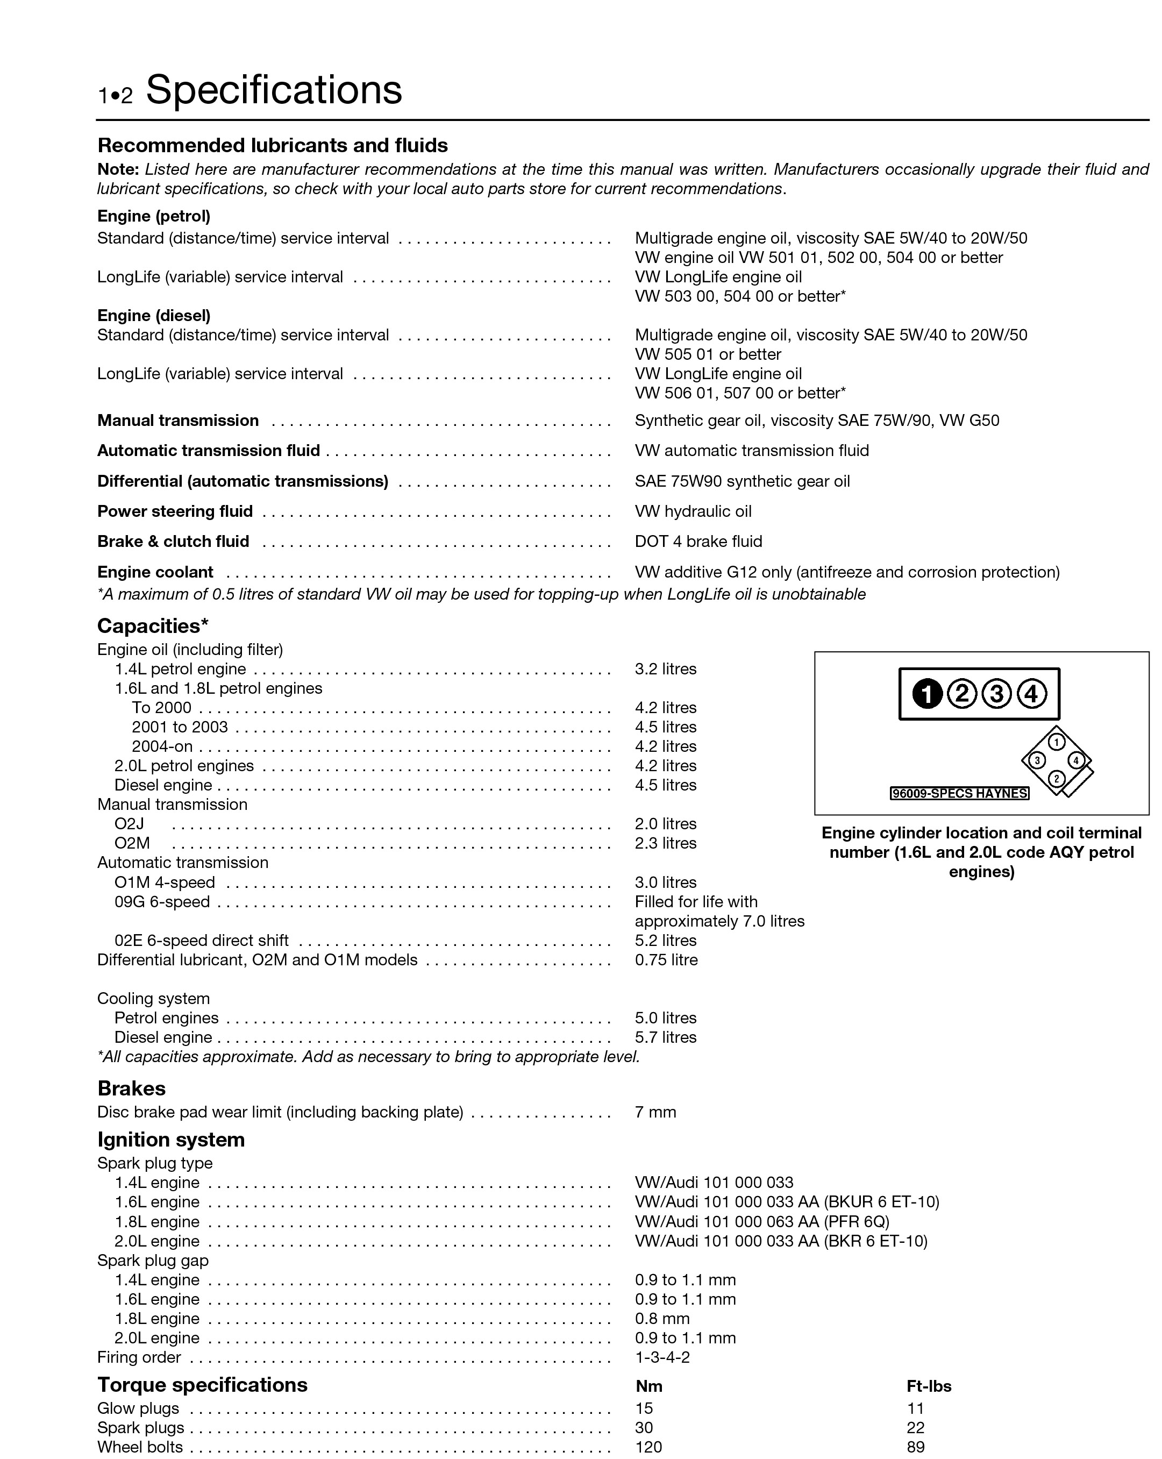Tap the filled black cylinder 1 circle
point(927,694)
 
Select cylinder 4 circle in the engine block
point(1031,694)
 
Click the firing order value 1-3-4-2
point(662,1357)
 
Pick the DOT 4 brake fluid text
point(698,542)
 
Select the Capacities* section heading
point(153,625)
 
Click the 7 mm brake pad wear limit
point(655,1112)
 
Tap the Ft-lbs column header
point(929,1386)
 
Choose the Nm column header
point(648,1386)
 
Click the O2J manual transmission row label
point(129,823)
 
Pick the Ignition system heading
point(171,1140)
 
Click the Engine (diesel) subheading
point(154,315)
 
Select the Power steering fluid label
point(175,511)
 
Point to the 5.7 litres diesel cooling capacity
point(665,1037)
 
